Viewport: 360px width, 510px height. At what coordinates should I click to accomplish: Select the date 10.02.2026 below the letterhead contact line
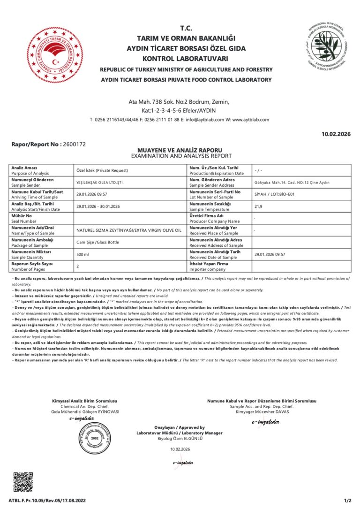336,135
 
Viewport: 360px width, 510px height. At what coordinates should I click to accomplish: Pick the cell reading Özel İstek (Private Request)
102,170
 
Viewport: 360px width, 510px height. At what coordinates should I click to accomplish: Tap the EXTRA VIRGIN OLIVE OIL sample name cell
128,230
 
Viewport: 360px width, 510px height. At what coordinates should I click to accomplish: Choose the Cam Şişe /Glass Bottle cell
97,242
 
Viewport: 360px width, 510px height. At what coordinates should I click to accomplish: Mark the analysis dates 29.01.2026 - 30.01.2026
97,206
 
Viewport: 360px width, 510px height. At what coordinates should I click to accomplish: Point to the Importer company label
208,269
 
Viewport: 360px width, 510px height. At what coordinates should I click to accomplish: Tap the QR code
23,482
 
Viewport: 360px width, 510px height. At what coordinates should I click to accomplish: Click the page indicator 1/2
347,501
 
